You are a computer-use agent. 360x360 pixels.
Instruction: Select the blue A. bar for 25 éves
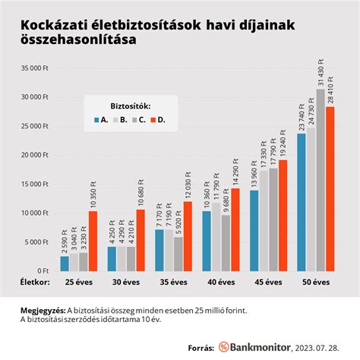(x=65, y=263)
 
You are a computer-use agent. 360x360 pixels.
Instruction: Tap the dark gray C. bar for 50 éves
(x=320, y=180)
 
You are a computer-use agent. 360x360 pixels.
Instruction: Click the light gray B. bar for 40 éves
(x=216, y=236)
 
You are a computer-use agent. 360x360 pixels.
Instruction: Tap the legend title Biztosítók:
(x=130, y=105)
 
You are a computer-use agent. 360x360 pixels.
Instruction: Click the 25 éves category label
(x=79, y=282)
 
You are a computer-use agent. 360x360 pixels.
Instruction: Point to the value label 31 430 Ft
(x=320, y=71)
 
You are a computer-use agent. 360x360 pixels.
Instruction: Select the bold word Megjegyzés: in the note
(x=44, y=309)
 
